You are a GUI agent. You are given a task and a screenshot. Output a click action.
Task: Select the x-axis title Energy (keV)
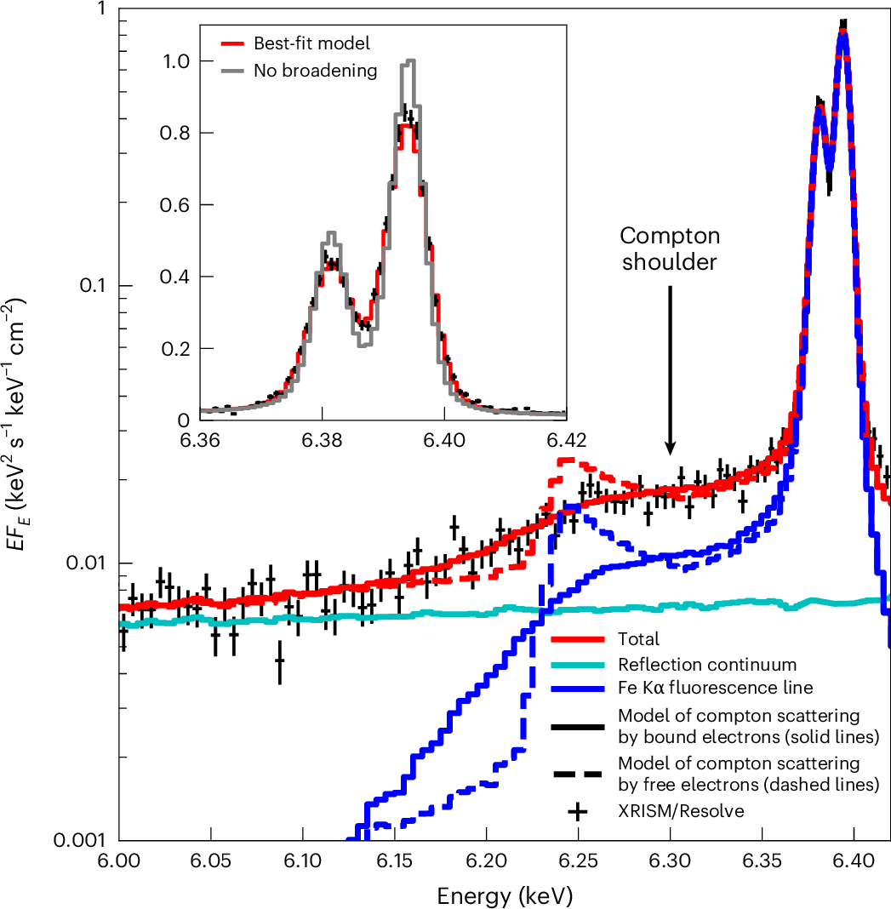505,895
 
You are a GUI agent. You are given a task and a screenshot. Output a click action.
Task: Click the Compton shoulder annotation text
670,249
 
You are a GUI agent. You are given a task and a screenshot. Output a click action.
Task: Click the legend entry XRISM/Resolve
681,811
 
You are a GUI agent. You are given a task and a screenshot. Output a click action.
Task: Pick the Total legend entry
638,639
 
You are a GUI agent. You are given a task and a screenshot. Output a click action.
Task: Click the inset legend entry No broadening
315,71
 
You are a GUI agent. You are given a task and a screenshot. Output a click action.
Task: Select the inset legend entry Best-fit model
311,42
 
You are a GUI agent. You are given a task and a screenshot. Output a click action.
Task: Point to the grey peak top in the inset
411,62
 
